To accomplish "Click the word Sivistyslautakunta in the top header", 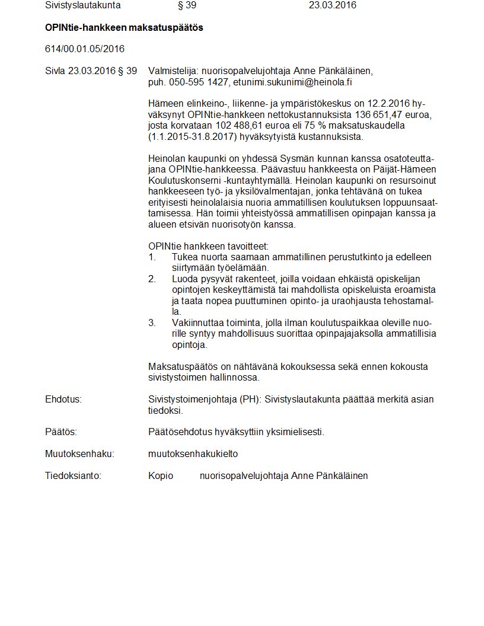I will click(x=82, y=5).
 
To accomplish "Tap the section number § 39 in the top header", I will click(x=187, y=5).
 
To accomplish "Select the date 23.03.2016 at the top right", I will click(x=332, y=5).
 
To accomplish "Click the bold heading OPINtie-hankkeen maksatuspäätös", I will click(x=124, y=28).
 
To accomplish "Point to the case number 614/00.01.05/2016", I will click(x=85, y=49).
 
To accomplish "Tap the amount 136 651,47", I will click(x=377, y=115).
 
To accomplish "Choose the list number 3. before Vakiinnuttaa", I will click(x=152, y=323).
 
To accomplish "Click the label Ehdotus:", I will click(x=63, y=400).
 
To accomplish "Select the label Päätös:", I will click(x=61, y=432).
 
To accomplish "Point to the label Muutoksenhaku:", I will click(x=79, y=454).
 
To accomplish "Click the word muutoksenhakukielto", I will click(x=193, y=454).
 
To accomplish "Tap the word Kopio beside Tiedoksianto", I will click(x=161, y=476).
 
